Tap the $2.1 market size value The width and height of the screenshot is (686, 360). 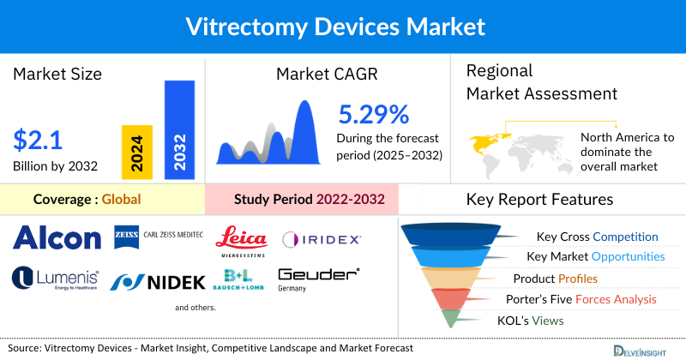38,139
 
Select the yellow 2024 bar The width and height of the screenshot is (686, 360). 137,153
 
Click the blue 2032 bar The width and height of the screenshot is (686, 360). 179,129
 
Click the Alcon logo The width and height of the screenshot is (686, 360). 57,238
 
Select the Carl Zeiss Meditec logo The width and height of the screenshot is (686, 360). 159,234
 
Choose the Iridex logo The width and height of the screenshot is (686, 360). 322,238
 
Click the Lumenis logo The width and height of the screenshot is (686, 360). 56,279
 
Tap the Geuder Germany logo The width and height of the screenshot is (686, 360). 318,279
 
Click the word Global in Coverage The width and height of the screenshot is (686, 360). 121,200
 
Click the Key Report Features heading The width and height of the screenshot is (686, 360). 539,200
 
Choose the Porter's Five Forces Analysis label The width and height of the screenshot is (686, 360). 586,299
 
